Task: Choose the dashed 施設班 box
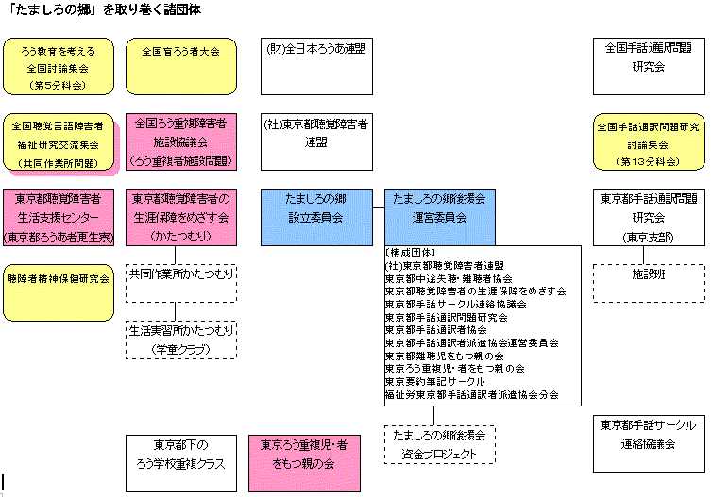[648, 282]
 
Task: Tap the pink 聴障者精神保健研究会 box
[59, 280]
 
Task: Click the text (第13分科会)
[648, 161]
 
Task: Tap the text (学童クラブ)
[181, 350]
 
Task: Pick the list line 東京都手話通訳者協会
[436, 330]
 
